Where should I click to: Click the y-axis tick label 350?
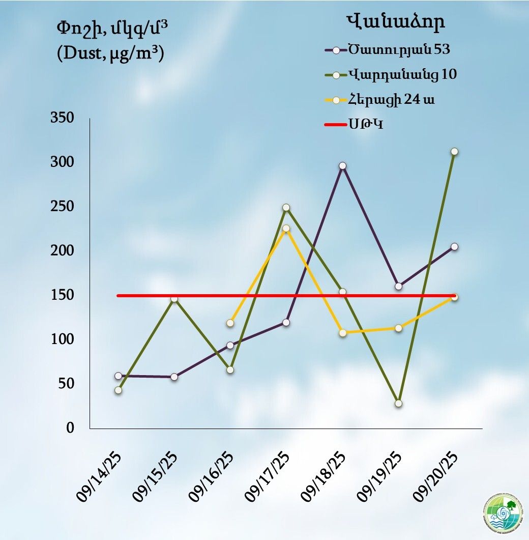pyautogui.click(x=63, y=118)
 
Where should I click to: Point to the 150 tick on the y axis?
pyautogui.click(x=63, y=295)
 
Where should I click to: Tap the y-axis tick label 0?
pyautogui.click(x=70, y=428)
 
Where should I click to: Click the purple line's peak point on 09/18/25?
pyautogui.click(x=342, y=166)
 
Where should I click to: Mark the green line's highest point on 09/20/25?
pyautogui.click(x=454, y=152)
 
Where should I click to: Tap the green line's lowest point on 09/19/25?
pyautogui.click(x=398, y=403)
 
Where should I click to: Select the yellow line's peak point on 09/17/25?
pyautogui.click(x=286, y=229)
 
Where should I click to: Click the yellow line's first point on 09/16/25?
pyautogui.click(x=230, y=323)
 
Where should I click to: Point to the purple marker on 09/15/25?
pyautogui.click(x=174, y=377)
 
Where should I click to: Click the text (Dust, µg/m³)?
pyautogui.click(x=110, y=53)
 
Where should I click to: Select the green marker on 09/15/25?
pyautogui.click(x=174, y=299)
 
